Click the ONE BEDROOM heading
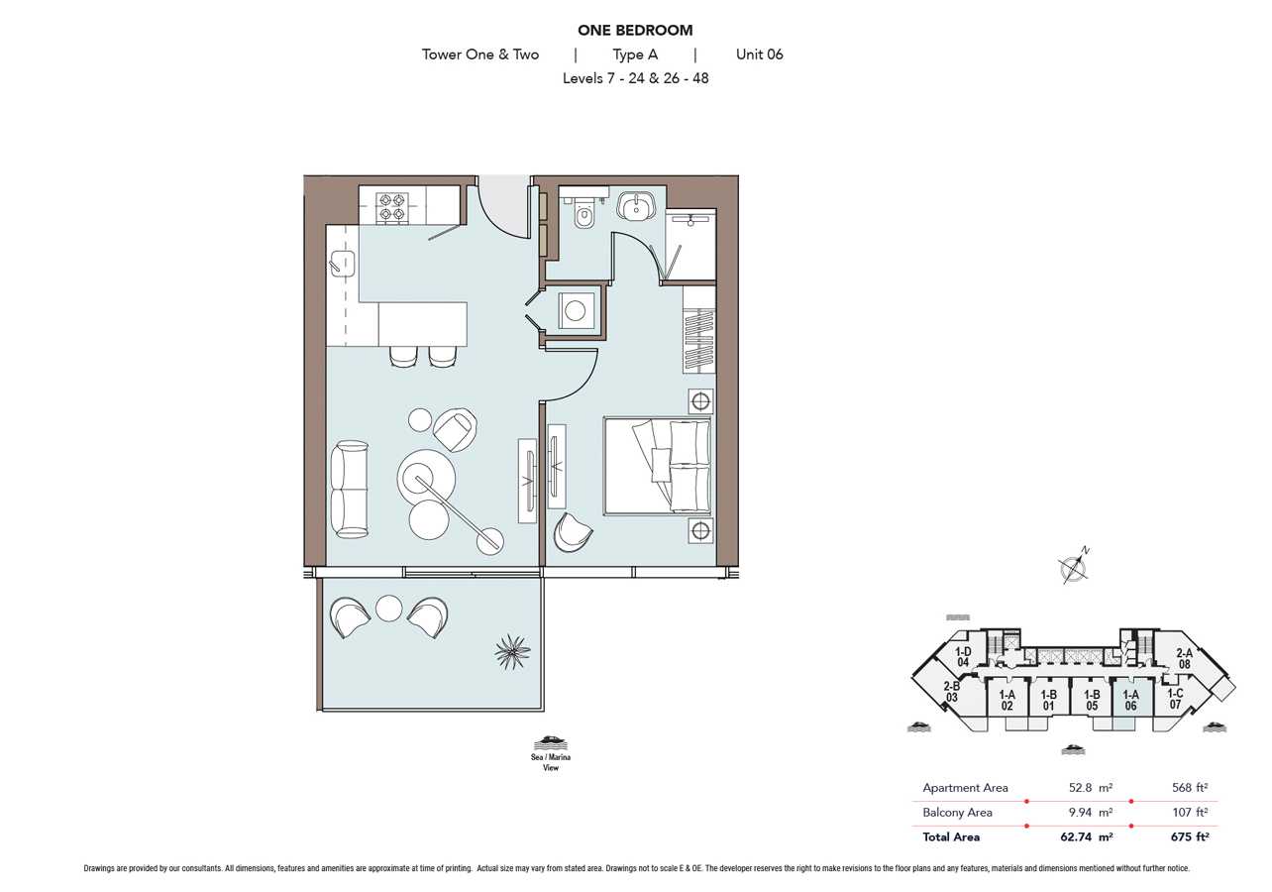point(635,30)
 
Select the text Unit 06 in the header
point(759,55)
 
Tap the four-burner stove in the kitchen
point(392,207)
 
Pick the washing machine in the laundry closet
point(576,311)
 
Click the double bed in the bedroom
point(658,466)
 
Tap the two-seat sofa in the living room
point(349,490)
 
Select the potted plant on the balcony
point(512,652)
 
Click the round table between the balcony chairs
point(389,609)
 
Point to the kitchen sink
point(342,264)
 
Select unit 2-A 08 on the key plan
point(1184,658)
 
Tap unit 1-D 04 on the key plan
point(963,657)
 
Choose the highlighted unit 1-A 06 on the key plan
point(1130,700)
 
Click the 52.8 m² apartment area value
point(1091,788)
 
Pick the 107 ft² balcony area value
point(1190,813)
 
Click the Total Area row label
point(951,836)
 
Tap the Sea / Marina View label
point(551,762)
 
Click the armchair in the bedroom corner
point(572,532)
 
